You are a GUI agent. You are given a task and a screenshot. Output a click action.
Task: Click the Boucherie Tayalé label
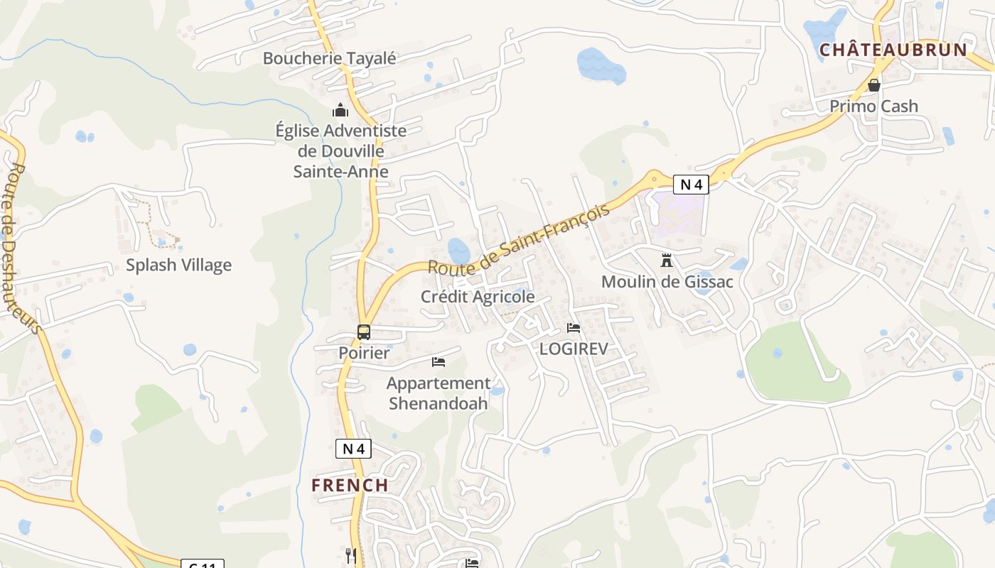tap(329, 58)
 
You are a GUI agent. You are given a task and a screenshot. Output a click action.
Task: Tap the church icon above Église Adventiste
tap(340, 110)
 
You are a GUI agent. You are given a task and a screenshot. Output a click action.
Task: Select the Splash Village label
tap(178, 265)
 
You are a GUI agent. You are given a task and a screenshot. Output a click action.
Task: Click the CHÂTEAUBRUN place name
tap(893, 50)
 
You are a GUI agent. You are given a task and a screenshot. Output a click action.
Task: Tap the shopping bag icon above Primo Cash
tap(874, 86)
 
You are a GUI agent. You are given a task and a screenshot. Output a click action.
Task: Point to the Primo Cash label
tap(874, 106)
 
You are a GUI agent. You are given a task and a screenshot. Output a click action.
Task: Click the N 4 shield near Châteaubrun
tap(691, 185)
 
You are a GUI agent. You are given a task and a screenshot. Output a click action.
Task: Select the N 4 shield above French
tap(353, 449)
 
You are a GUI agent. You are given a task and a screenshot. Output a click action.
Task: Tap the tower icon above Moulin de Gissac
tap(667, 261)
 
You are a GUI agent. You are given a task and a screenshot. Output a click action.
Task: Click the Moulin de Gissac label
tap(667, 282)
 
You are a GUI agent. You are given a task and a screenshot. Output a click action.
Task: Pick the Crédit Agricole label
tap(478, 297)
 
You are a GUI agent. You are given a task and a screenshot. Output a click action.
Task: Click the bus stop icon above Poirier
tap(364, 332)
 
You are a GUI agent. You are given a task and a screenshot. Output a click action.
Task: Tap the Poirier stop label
tap(364, 353)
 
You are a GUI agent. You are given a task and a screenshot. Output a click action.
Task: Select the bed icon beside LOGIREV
tap(574, 328)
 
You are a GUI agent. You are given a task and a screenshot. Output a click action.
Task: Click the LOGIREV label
tap(574, 349)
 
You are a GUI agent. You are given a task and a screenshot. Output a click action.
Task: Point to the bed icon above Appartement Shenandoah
tap(439, 362)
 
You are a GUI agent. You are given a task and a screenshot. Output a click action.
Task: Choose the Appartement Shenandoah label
tap(439, 393)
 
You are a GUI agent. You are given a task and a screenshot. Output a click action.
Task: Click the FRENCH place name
tap(350, 486)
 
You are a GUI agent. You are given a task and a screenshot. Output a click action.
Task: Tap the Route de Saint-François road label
tap(519, 239)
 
